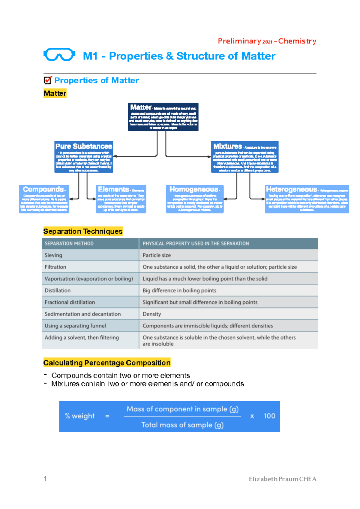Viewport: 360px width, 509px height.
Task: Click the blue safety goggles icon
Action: click(x=59, y=55)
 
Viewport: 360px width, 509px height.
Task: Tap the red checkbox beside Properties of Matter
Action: click(x=48, y=80)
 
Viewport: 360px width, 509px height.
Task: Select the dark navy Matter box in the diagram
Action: click(x=163, y=117)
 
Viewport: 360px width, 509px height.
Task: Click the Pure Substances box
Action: click(x=84, y=157)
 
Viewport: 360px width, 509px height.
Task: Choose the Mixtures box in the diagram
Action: click(x=244, y=157)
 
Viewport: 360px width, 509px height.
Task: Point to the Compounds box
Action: click(x=44, y=199)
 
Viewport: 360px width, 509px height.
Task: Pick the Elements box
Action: click(x=121, y=199)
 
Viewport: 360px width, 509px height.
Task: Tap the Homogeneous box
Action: click(x=195, y=199)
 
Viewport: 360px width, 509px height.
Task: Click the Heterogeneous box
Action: click(x=307, y=199)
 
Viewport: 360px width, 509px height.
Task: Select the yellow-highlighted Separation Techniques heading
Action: click(x=83, y=231)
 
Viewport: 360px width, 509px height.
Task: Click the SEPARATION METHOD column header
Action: click(x=69, y=243)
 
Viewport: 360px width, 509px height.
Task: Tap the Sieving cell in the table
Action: click(x=53, y=255)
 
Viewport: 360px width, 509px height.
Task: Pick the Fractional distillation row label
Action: click(x=70, y=302)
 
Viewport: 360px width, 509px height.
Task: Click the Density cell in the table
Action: click(x=152, y=314)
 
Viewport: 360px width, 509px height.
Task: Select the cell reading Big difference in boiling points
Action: click(x=179, y=291)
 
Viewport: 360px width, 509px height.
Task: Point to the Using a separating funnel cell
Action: click(x=75, y=326)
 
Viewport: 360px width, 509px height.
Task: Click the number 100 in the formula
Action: click(x=269, y=416)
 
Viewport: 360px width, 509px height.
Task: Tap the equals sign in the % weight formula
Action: click(x=107, y=416)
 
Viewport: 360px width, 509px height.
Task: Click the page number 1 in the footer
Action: click(x=45, y=479)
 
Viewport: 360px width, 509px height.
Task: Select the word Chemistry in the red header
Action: click(x=297, y=41)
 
